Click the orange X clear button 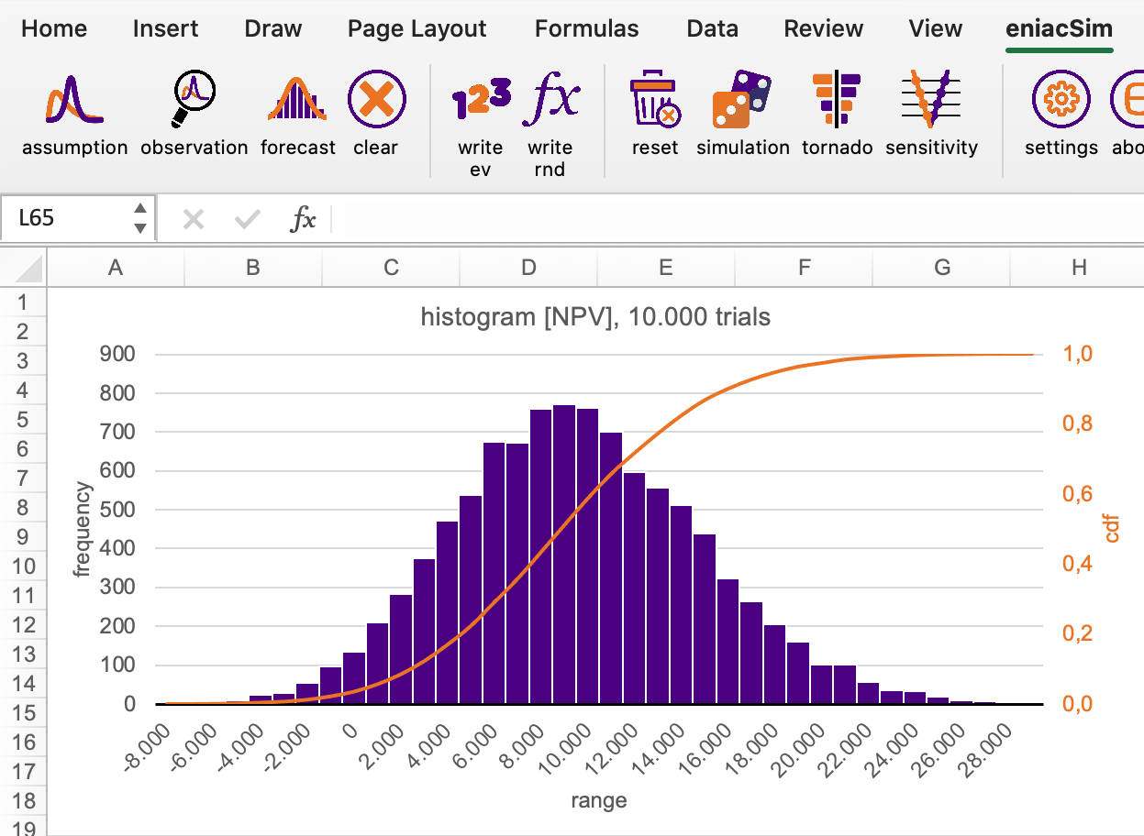click(x=376, y=99)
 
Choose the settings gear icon click(x=1061, y=99)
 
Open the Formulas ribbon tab click(x=586, y=28)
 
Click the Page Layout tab click(x=417, y=28)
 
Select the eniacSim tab click(x=1059, y=28)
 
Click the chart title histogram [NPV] click(x=594, y=317)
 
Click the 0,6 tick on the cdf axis click(x=1078, y=494)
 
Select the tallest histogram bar click(x=563, y=555)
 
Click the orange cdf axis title click(x=1112, y=528)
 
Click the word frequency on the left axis click(x=83, y=530)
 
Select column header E click(x=665, y=267)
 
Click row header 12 click(x=26, y=625)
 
